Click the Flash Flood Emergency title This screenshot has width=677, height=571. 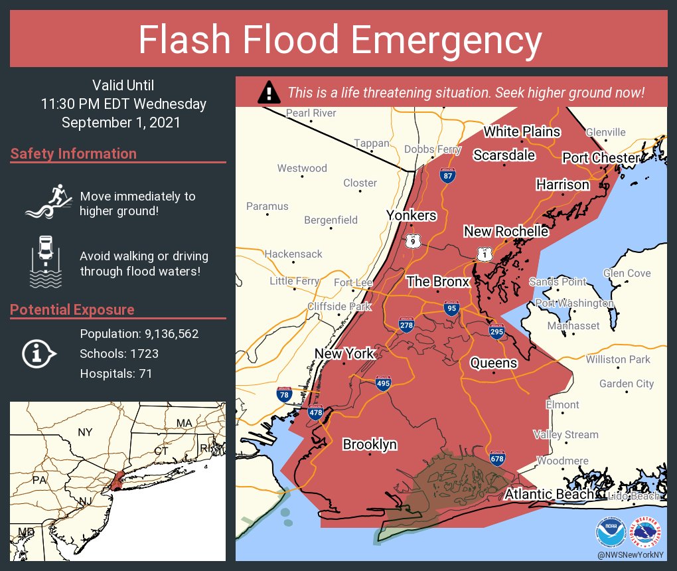point(339,41)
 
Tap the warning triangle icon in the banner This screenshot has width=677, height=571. point(268,92)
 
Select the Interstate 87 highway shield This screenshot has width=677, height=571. point(449,175)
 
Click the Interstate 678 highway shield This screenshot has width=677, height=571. point(497,458)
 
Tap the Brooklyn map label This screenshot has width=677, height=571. point(370,444)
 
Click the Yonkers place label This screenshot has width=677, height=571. point(412,215)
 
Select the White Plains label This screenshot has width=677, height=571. point(522,131)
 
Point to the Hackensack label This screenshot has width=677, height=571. point(293,254)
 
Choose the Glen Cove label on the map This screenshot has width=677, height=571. point(627,273)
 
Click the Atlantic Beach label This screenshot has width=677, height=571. point(549,494)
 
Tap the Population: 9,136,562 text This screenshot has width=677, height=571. point(139,334)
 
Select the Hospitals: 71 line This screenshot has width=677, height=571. point(116,374)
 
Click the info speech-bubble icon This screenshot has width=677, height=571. point(38,354)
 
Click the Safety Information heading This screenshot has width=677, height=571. point(74,154)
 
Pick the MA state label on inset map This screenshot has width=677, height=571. point(183,423)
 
